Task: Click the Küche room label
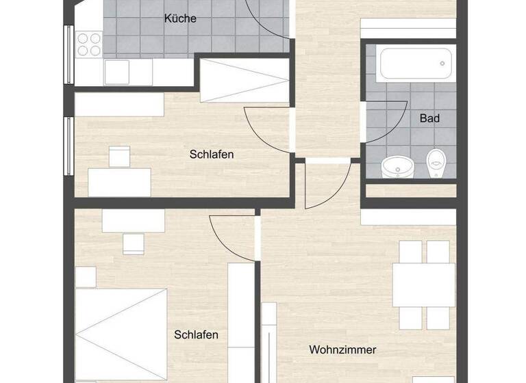(180, 18)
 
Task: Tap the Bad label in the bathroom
(429, 118)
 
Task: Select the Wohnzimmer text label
(342, 350)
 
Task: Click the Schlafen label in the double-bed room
(196, 334)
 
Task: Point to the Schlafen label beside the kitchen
(212, 155)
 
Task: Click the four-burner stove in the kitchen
(89, 44)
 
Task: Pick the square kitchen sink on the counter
(116, 71)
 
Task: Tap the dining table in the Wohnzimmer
(423, 285)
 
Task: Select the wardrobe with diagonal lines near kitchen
(245, 80)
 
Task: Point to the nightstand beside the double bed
(86, 277)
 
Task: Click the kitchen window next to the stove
(68, 54)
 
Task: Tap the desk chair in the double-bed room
(133, 243)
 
